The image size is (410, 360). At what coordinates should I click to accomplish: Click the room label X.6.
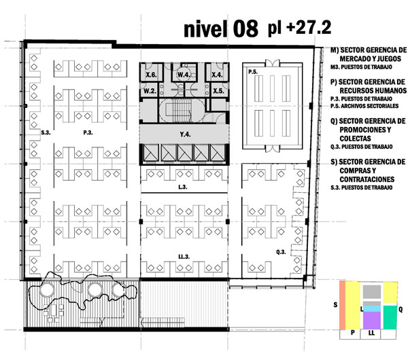151,75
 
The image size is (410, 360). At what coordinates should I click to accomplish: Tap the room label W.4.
184,75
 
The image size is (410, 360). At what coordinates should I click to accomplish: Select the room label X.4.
217,75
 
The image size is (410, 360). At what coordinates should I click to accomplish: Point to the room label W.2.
150,91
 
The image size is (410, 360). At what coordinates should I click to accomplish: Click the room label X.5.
218,91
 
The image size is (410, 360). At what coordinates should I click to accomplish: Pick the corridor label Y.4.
185,134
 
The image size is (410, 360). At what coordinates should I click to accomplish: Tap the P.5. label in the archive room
253,71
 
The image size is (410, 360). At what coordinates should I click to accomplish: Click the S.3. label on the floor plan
46,132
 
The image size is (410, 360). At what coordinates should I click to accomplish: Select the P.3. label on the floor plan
88,132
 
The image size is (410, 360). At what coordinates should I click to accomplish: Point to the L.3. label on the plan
183,187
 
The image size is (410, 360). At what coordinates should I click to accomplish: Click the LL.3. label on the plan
184,257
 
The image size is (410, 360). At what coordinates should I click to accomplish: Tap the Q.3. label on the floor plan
281,252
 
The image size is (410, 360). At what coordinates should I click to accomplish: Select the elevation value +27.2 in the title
309,28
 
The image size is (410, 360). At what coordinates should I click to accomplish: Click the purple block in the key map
371,321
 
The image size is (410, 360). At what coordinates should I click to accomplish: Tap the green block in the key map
390,317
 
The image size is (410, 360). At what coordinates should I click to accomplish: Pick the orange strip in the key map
342,305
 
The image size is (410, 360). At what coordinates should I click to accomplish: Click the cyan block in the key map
371,309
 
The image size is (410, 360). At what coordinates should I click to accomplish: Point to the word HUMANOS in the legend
373,90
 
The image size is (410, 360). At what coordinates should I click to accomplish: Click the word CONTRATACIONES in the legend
367,179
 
